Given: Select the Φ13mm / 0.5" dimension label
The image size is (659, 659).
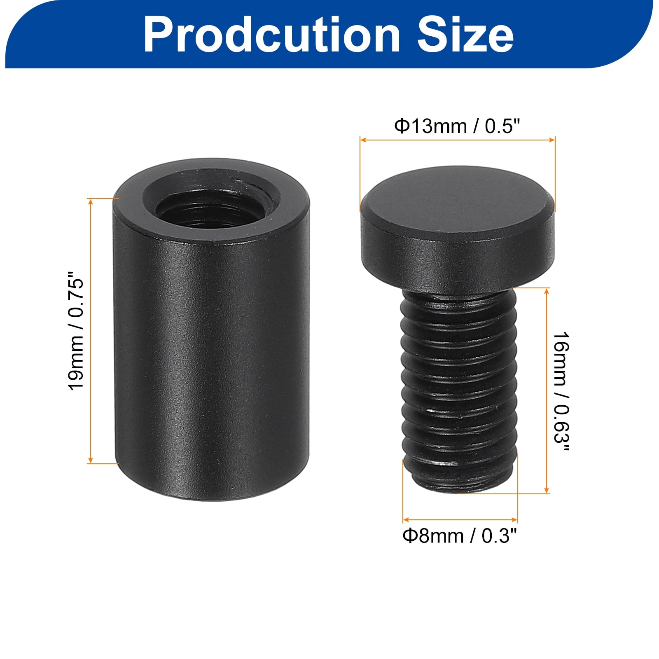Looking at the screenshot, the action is point(458,126).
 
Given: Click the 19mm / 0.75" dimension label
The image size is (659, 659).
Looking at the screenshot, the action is point(76,330).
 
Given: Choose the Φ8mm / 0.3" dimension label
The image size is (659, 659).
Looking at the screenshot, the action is point(460,536).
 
